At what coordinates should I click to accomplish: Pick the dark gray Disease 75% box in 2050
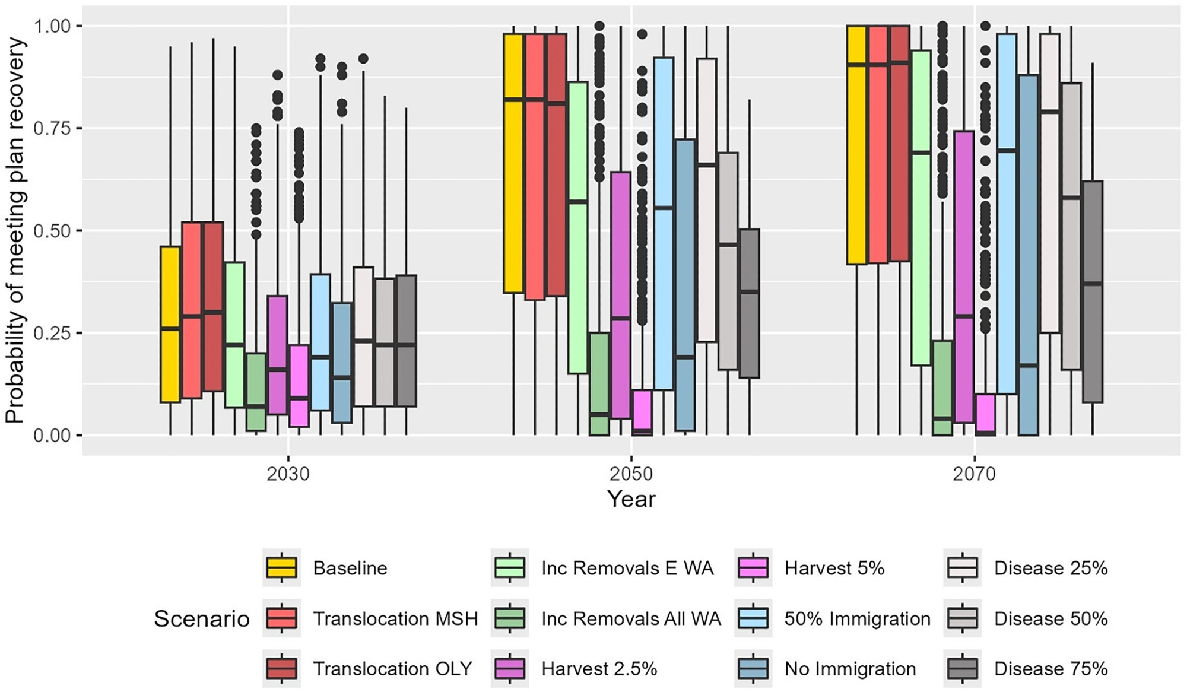coord(750,303)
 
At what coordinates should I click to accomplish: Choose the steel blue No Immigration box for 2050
coord(685,285)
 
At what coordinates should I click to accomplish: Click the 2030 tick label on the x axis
coord(288,474)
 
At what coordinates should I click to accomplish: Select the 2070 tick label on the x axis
coord(974,474)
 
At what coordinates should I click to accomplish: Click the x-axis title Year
coord(631,499)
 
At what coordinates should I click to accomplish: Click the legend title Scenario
coord(202,619)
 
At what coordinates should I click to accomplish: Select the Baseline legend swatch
coord(282,568)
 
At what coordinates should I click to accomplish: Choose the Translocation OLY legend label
coord(392,669)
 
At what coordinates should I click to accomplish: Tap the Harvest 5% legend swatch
coord(753,568)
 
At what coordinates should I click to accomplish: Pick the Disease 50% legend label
coord(1050,618)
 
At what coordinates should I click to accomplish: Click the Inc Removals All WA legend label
coord(631,618)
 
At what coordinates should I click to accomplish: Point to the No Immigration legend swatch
coord(753,669)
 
